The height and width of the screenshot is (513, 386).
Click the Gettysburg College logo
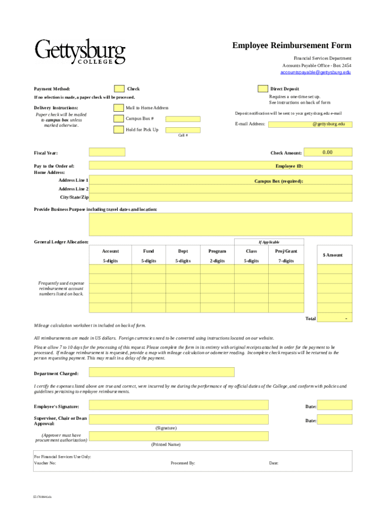click(80, 52)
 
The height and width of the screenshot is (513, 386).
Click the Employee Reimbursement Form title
click(291, 46)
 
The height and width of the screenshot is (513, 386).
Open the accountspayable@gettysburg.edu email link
click(315, 72)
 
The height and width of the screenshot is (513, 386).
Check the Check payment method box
click(119, 89)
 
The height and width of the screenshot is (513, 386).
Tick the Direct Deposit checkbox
click(263, 89)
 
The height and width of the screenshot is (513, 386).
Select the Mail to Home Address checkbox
click(118, 108)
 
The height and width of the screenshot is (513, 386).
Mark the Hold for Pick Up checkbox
click(118, 130)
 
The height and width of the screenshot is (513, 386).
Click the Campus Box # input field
click(182, 119)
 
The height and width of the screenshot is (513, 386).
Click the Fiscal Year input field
click(107, 152)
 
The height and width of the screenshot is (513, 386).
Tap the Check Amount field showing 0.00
click(327, 152)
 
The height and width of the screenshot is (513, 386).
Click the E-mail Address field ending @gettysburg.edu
click(310, 124)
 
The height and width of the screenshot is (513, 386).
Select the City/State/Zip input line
click(221, 198)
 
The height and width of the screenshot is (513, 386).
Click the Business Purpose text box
click(221, 224)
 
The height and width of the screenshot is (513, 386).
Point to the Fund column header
click(148, 251)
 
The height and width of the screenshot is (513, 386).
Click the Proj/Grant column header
click(286, 251)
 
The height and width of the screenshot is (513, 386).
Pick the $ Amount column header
click(333, 255)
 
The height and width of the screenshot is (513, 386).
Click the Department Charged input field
click(161, 372)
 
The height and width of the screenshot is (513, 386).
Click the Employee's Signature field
click(178, 405)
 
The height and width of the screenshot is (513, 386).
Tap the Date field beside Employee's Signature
click(335, 405)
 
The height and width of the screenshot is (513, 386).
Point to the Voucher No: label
click(45, 463)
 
